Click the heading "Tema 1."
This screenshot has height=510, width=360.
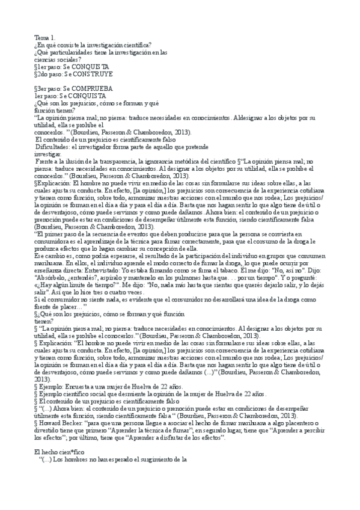(44, 37)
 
